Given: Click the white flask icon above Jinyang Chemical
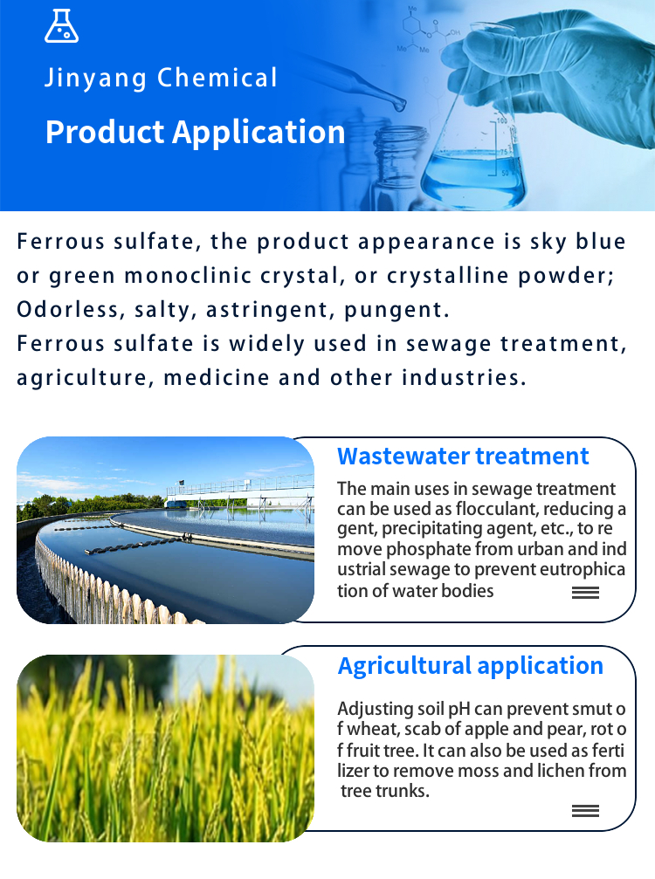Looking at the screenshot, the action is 61,26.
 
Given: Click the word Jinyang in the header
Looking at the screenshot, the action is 95,78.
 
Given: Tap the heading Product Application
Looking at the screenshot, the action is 195,133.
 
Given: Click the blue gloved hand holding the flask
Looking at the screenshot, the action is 555,72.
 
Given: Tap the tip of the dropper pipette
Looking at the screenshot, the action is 400,104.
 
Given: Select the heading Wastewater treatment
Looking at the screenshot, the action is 463,457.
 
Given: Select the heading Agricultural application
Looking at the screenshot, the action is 471,666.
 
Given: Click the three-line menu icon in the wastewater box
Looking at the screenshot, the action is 585,593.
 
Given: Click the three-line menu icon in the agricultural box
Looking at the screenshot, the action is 585,811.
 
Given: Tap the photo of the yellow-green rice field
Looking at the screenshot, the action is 165,748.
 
